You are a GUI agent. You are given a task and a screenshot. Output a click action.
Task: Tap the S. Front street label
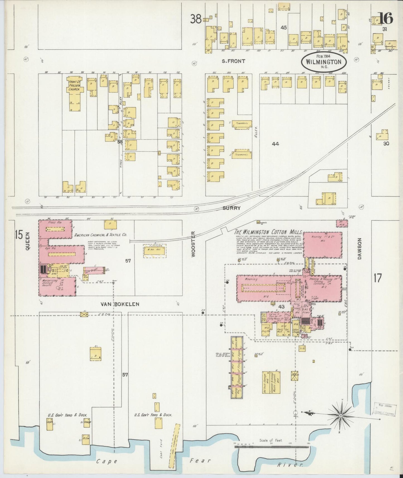233,61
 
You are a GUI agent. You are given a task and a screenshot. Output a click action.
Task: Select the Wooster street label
194,244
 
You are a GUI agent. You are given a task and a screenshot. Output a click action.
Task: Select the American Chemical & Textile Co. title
100,235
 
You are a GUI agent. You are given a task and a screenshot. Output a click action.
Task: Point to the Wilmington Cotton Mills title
268,232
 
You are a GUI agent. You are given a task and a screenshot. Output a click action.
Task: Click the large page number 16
386,19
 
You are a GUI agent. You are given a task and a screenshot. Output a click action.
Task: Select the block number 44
275,144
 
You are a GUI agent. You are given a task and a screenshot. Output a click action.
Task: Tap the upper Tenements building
242,124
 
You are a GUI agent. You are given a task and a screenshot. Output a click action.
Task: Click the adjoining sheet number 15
19,235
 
